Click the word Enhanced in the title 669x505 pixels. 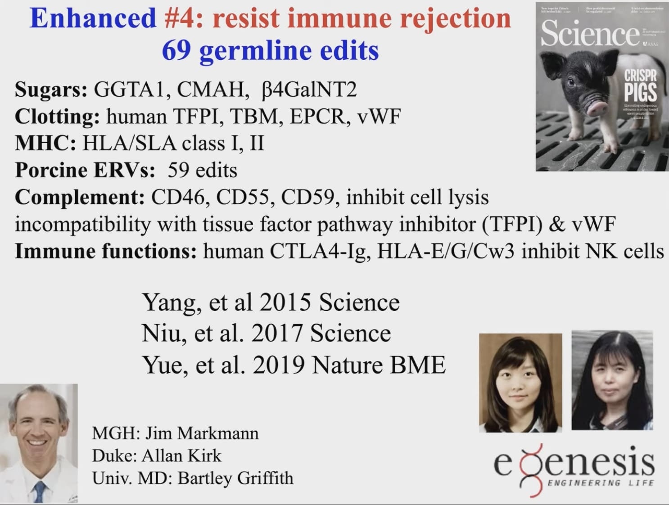(93, 19)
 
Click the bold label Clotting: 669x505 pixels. (57, 117)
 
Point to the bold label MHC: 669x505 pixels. (45, 144)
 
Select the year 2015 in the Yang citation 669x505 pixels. (285, 302)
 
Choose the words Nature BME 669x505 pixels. (379, 365)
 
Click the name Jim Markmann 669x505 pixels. (202, 433)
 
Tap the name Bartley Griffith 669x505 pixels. (235, 478)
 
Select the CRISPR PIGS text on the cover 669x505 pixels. (640, 86)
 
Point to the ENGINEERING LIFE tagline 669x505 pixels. (600, 483)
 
